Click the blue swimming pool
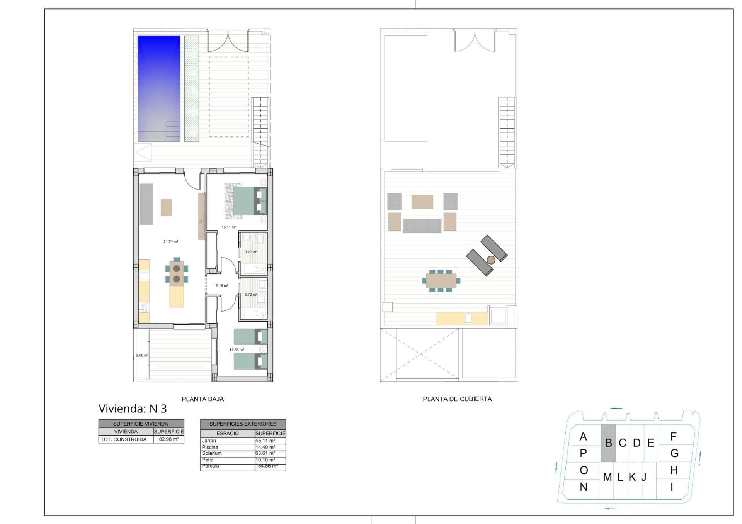point(159,88)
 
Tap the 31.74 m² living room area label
point(171,242)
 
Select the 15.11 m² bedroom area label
point(229,227)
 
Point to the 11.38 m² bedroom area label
point(237,350)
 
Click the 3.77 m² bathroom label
point(251,252)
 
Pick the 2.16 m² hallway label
point(222,286)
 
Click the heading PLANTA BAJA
point(203,399)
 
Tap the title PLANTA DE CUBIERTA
point(457,399)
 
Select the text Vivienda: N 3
point(133,409)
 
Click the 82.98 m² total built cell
point(169,439)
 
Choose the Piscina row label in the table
point(210,447)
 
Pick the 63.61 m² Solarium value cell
point(265,453)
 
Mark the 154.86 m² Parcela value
point(267,466)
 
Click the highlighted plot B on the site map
point(608,443)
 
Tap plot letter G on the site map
point(674,453)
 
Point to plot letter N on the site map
point(584,487)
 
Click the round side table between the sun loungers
point(491,260)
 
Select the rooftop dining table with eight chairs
point(441,281)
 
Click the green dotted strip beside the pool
point(192,88)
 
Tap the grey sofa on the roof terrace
point(422,226)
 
